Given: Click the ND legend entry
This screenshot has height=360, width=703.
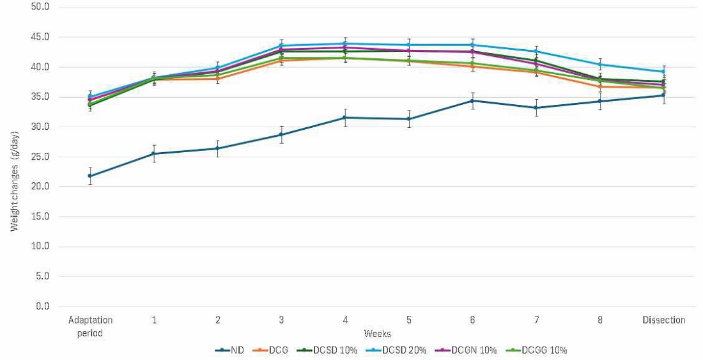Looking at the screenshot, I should click(230, 350).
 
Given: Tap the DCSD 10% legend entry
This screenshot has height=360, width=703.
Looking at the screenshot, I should click(336, 350).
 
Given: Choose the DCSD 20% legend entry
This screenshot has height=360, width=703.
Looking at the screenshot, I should click(402, 350).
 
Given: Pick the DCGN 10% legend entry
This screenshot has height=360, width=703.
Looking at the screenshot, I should click(470, 350).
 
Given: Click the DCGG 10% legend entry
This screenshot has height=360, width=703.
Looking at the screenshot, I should click(536, 350).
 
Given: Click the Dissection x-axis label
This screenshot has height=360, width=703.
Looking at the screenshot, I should click(663, 320).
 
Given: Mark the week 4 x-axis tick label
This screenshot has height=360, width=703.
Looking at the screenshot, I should click(345, 320).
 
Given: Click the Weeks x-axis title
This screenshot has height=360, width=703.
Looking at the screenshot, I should click(377, 333).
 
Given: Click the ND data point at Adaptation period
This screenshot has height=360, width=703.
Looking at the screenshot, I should click(90, 176).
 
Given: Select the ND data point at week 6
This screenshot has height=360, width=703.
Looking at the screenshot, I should click(472, 100).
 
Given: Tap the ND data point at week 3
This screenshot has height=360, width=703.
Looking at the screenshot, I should click(281, 135).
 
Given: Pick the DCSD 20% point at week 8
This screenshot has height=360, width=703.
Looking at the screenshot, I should click(600, 65).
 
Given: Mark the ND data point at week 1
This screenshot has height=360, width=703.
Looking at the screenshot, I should click(154, 153).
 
